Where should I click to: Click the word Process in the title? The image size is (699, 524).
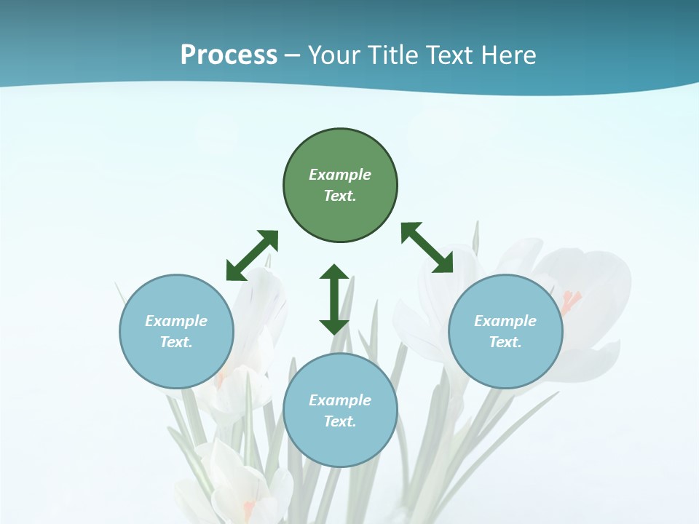[229, 55]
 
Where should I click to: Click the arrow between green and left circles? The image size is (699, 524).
[252, 255]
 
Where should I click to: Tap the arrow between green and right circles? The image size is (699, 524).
[427, 247]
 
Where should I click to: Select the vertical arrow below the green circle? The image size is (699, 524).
[334, 299]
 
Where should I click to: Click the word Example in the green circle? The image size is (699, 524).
[340, 175]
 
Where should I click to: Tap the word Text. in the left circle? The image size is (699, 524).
[176, 342]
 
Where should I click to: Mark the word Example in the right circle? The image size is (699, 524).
[505, 321]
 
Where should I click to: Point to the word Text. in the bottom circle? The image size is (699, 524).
[340, 421]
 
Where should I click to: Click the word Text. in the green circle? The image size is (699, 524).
[340, 196]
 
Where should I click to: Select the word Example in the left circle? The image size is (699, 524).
[176, 321]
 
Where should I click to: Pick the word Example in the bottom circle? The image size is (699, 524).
[340, 400]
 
